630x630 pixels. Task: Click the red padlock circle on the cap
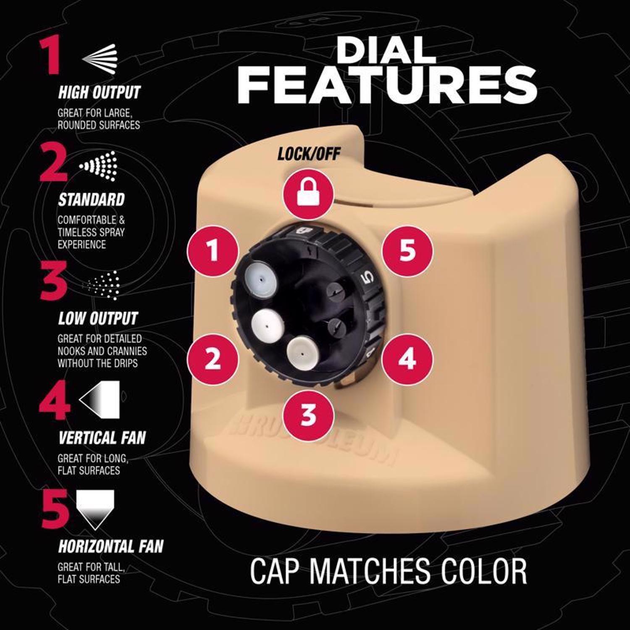pos(309,194)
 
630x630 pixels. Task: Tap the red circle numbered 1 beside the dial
pos(213,251)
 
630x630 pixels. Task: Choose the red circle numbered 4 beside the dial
pos(407,359)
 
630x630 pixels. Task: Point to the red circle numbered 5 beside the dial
pos(407,251)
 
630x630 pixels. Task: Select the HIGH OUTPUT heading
pos(99,93)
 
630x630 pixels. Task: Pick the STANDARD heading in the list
pos(92,200)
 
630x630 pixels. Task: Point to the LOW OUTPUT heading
pos(98,319)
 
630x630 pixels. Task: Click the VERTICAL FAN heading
pos(102,438)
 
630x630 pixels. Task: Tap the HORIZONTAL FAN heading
pos(111,546)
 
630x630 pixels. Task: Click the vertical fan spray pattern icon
pos(100,399)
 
